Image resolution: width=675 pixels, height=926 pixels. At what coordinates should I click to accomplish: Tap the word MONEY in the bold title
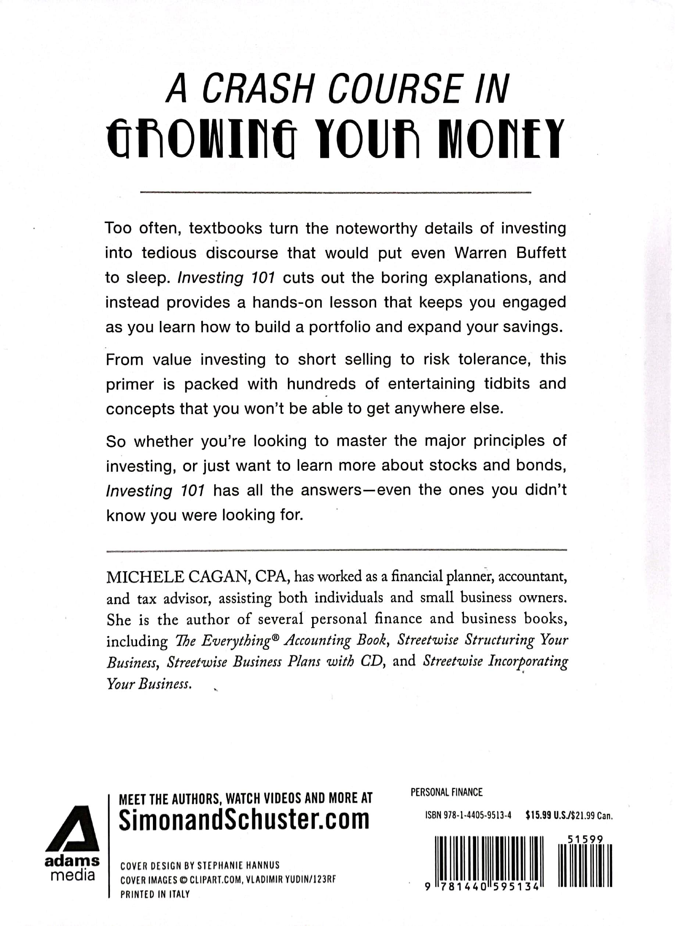[500, 140]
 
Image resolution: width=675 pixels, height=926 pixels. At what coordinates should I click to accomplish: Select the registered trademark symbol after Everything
[275, 636]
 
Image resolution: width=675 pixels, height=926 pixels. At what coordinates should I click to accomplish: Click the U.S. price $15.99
[539, 815]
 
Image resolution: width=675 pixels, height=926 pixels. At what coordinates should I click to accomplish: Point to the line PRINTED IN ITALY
[155, 894]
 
